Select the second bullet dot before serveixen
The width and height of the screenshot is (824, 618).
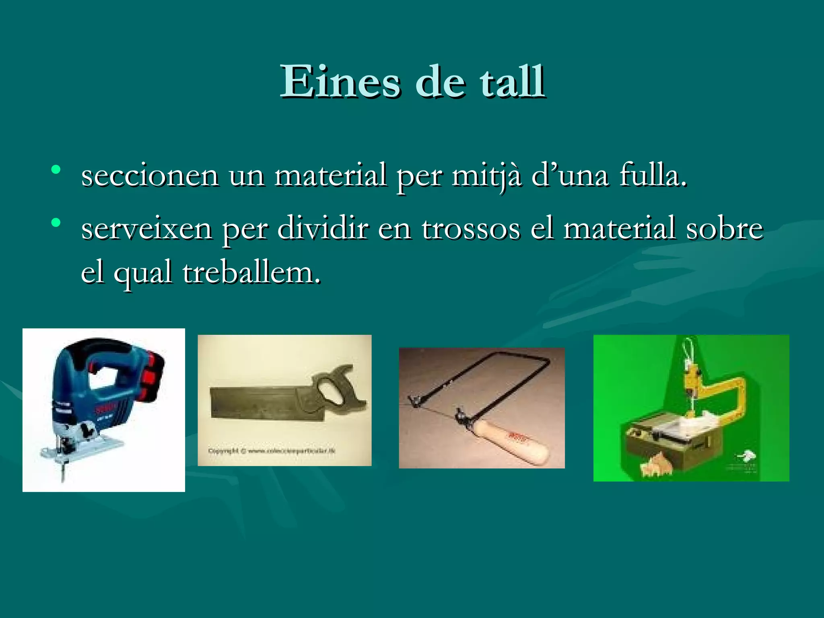[56, 222]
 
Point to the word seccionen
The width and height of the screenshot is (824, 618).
[150, 176]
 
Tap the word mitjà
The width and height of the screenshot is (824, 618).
[486, 176]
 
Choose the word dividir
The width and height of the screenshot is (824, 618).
[323, 228]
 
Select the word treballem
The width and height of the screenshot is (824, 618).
[251, 273]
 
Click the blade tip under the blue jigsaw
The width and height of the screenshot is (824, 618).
[63, 477]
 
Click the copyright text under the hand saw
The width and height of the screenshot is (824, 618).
[272, 451]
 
